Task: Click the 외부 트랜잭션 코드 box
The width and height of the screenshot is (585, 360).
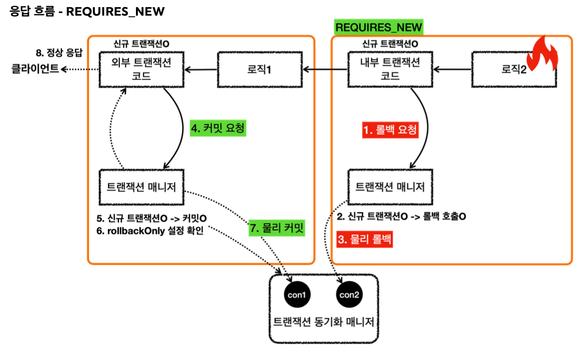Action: [142, 70]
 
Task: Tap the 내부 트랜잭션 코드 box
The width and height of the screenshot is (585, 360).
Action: [390, 70]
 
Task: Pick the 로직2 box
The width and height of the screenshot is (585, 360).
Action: [514, 70]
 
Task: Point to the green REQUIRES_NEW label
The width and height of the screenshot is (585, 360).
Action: [378, 27]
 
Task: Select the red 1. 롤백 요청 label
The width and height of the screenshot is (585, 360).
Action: [390, 130]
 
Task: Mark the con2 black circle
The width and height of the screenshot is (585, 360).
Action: [350, 295]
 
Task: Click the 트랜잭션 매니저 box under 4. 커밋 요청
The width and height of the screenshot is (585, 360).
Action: [142, 188]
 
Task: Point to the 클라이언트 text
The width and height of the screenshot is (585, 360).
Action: [35, 69]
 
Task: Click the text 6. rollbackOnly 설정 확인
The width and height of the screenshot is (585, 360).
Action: [150, 232]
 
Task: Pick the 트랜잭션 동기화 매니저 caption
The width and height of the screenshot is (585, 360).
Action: [324, 322]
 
